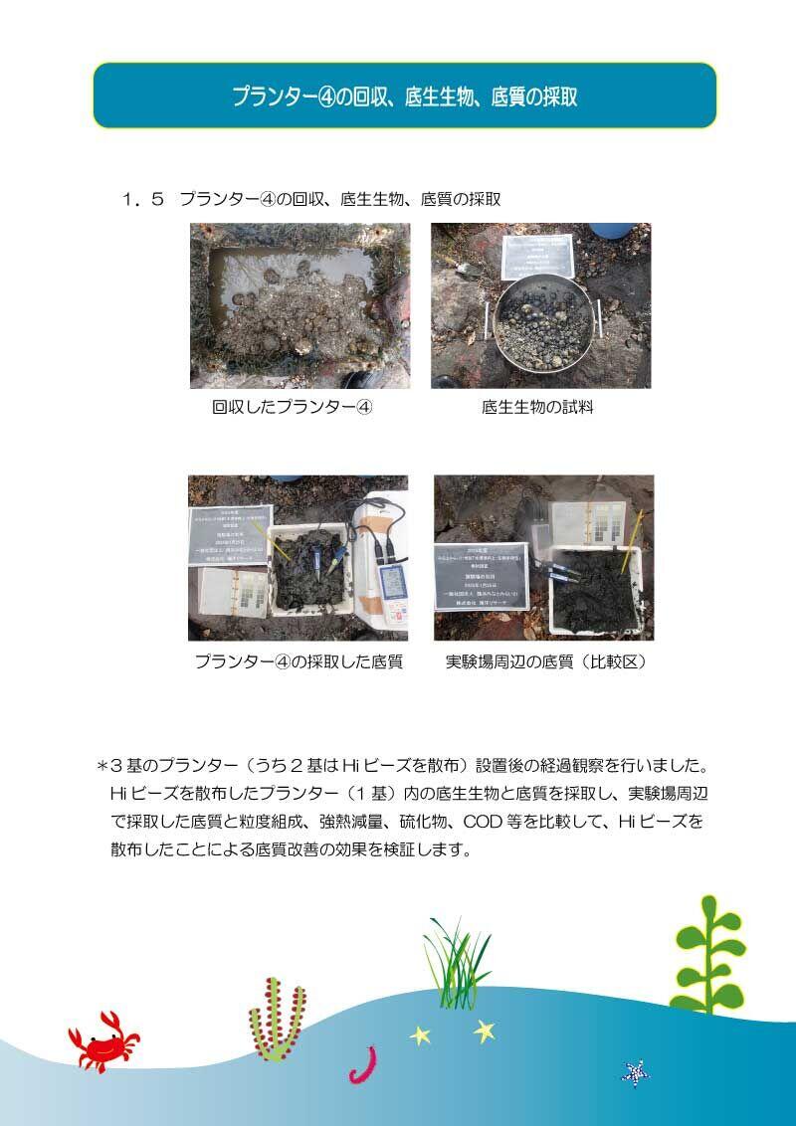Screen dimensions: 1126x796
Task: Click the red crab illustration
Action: click(102, 1041)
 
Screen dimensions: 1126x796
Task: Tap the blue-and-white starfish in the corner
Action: click(634, 1073)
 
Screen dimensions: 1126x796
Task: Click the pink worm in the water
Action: click(360, 1064)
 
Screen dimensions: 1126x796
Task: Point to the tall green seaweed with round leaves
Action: click(707, 955)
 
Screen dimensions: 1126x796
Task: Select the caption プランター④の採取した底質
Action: click(298, 661)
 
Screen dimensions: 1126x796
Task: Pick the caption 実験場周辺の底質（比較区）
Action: click(545, 661)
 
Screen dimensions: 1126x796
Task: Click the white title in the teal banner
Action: click(404, 96)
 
